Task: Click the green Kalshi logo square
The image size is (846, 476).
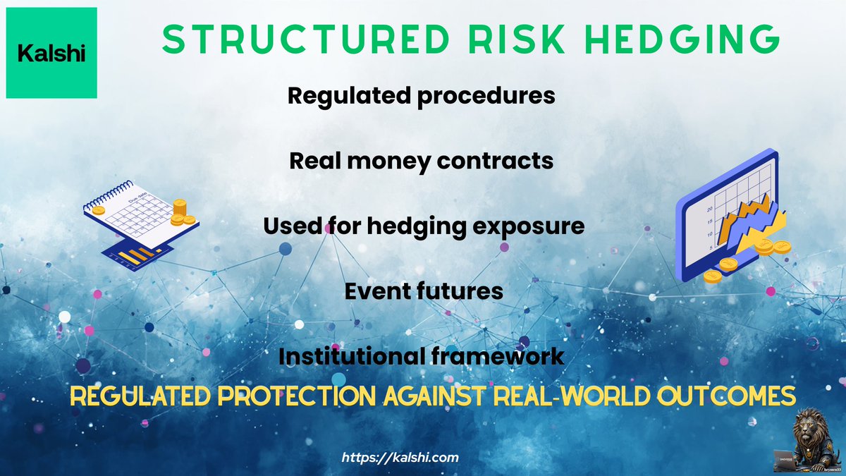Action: click(51, 53)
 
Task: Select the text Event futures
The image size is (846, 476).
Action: click(424, 291)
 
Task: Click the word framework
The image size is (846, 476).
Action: click(498, 356)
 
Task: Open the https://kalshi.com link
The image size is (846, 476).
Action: click(400, 458)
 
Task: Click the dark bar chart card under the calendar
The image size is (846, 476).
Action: click(137, 252)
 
